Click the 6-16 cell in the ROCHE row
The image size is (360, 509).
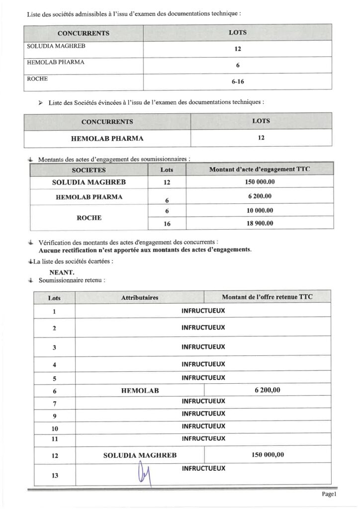click(x=237, y=82)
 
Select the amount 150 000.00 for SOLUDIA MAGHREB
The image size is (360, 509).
click(x=260, y=182)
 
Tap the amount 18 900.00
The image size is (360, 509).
click(x=260, y=224)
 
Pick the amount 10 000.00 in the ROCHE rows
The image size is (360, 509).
click(x=260, y=210)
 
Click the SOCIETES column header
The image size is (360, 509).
click(x=89, y=170)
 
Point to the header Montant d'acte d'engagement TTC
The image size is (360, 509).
click(x=260, y=170)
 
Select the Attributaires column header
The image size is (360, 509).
click(x=139, y=297)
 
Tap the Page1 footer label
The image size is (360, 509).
click(x=329, y=495)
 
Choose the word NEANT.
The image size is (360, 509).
click(x=62, y=272)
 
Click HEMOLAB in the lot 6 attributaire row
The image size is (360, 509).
click(x=140, y=391)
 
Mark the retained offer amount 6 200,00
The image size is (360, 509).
click(x=267, y=390)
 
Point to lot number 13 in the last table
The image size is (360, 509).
click(x=55, y=476)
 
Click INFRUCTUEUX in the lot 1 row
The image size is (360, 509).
click(x=203, y=311)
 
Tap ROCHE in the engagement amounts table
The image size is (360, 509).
click(x=89, y=217)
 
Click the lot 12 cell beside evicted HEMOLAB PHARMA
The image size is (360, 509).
click(x=261, y=137)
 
